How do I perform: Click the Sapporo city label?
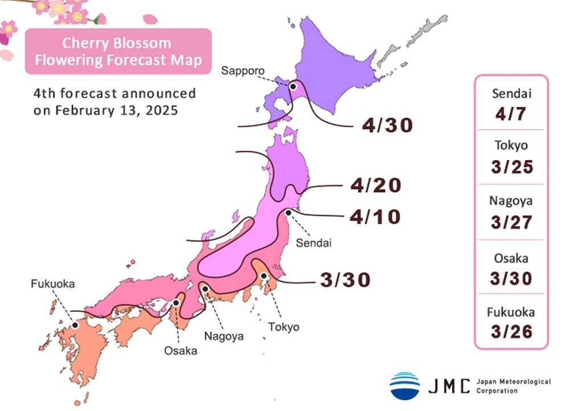pyautogui.click(x=243, y=71)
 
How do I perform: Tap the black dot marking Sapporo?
pyautogui.click(x=293, y=87)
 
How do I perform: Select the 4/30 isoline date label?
pyautogui.click(x=387, y=125)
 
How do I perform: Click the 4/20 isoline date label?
pyautogui.click(x=376, y=185)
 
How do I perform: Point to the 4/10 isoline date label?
pyautogui.click(x=376, y=217)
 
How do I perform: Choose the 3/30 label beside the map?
pyautogui.click(x=345, y=280)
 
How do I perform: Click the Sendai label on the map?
pyautogui.click(x=313, y=243)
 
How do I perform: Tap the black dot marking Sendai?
pyautogui.click(x=288, y=213)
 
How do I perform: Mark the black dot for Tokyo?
pyautogui.click(x=264, y=276)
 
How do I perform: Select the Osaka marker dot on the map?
pyautogui.click(x=176, y=303)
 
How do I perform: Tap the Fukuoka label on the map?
pyautogui.click(x=53, y=283)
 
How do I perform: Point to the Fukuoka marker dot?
pyautogui.click(x=75, y=325)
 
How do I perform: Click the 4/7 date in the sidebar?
pyautogui.click(x=511, y=114)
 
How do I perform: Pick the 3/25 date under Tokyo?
pyautogui.click(x=511, y=167)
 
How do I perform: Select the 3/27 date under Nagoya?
pyautogui.click(x=511, y=221)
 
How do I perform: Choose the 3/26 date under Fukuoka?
pyautogui.click(x=511, y=331)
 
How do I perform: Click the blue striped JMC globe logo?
pyautogui.click(x=405, y=385)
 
